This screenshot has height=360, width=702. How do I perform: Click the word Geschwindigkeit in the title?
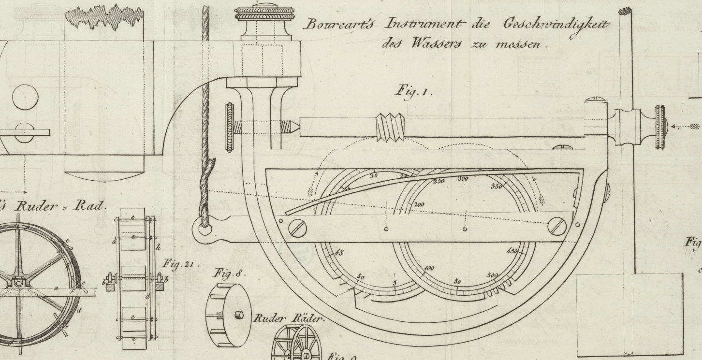(x=556, y=24)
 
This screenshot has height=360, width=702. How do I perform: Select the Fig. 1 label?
(x=414, y=91)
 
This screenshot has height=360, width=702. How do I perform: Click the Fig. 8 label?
(x=229, y=274)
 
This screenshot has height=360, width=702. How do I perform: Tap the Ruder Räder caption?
(x=289, y=318)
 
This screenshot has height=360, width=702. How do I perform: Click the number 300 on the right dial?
(x=463, y=179)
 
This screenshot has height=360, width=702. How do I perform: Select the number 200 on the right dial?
(x=419, y=204)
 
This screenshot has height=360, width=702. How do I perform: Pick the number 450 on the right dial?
(x=512, y=251)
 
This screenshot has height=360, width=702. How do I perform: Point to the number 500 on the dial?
(x=492, y=275)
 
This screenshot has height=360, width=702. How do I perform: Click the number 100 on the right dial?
(x=429, y=268)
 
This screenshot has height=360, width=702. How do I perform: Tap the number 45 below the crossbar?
(x=339, y=252)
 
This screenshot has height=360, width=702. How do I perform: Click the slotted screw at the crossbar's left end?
(x=297, y=228)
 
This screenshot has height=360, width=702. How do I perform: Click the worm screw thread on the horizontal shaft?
(x=390, y=127)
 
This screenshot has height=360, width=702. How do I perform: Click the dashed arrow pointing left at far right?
(x=687, y=127)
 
